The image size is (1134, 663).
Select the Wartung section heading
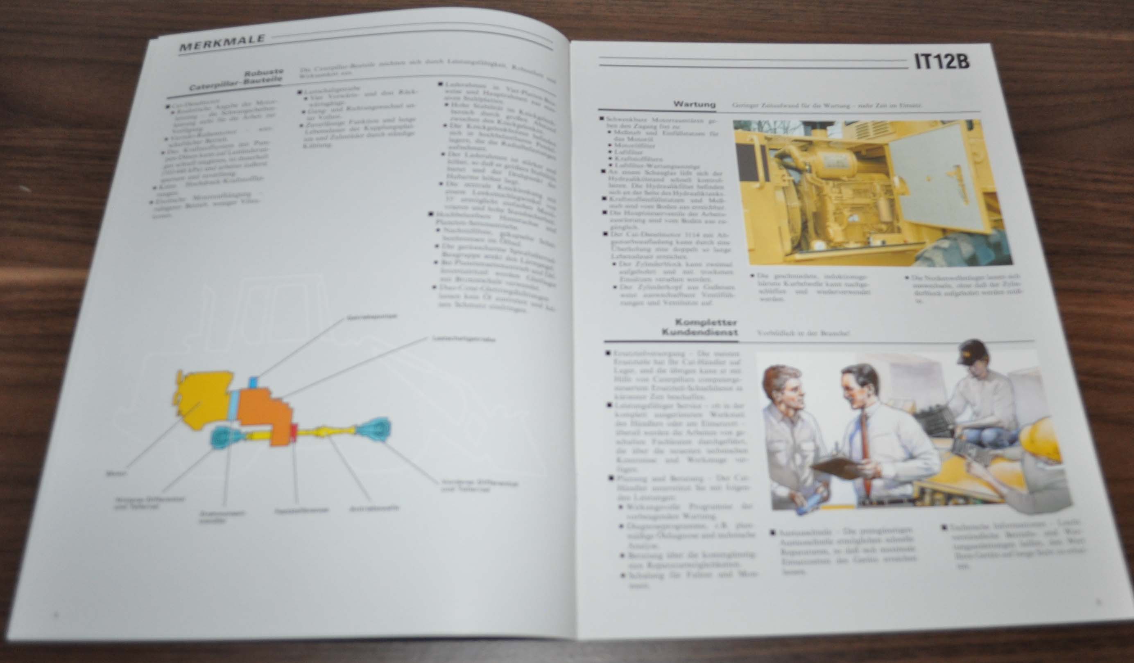click(x=694, y=104)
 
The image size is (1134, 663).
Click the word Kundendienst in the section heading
click(x=699, y=333)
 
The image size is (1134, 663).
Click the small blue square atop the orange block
click(x=254, y=382)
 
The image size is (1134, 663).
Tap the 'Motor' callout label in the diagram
click(x=115, y=473)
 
